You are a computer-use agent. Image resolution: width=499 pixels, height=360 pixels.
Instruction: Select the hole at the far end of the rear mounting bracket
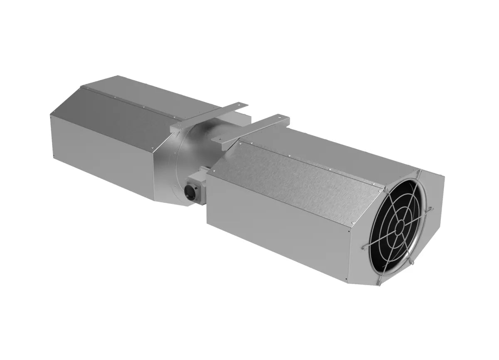tap(243, 103)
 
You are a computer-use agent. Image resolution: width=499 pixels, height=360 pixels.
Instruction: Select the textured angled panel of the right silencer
tap(291, 166)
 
